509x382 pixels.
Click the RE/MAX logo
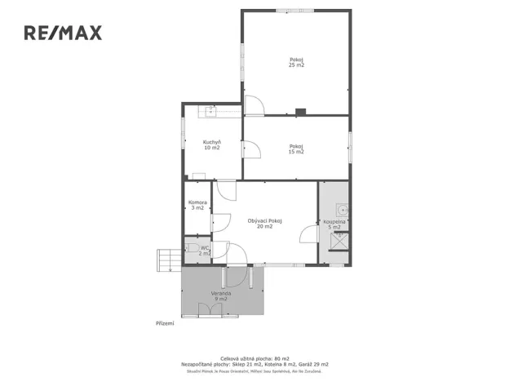coord(62,33)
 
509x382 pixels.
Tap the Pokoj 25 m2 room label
coord(296,61)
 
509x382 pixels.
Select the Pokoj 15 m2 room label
coord(296,149)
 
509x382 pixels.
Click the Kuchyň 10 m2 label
coord(212,145)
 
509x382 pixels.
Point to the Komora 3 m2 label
coord(197,205)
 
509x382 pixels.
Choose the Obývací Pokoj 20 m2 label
coord(264,223)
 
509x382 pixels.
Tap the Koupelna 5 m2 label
coord(334,224)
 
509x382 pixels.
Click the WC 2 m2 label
coord(204,251)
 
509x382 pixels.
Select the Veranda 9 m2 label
coord(221,296)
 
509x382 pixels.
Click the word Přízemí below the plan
coord(165,323)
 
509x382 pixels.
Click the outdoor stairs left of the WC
coord(167,260)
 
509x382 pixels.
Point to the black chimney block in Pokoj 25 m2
coord(301,112)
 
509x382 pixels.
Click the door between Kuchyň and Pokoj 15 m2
coord(250,149)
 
